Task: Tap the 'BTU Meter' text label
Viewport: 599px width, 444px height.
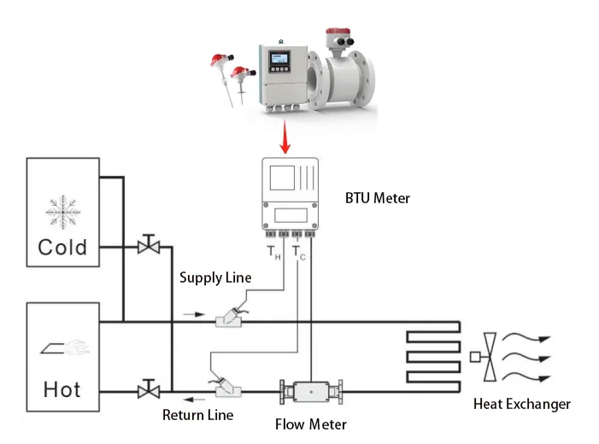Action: (376, 198)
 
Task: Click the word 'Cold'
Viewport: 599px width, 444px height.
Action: (62, 247)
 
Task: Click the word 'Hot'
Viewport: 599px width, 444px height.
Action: (62, 389)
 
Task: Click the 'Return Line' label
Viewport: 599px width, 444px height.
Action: (197, 416)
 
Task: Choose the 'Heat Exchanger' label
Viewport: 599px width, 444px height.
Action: (522, 404)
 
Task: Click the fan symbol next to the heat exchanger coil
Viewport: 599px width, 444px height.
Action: (488, 356)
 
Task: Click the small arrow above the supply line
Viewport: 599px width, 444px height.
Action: (194, 313)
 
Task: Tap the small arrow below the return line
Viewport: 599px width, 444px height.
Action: (197, 400)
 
